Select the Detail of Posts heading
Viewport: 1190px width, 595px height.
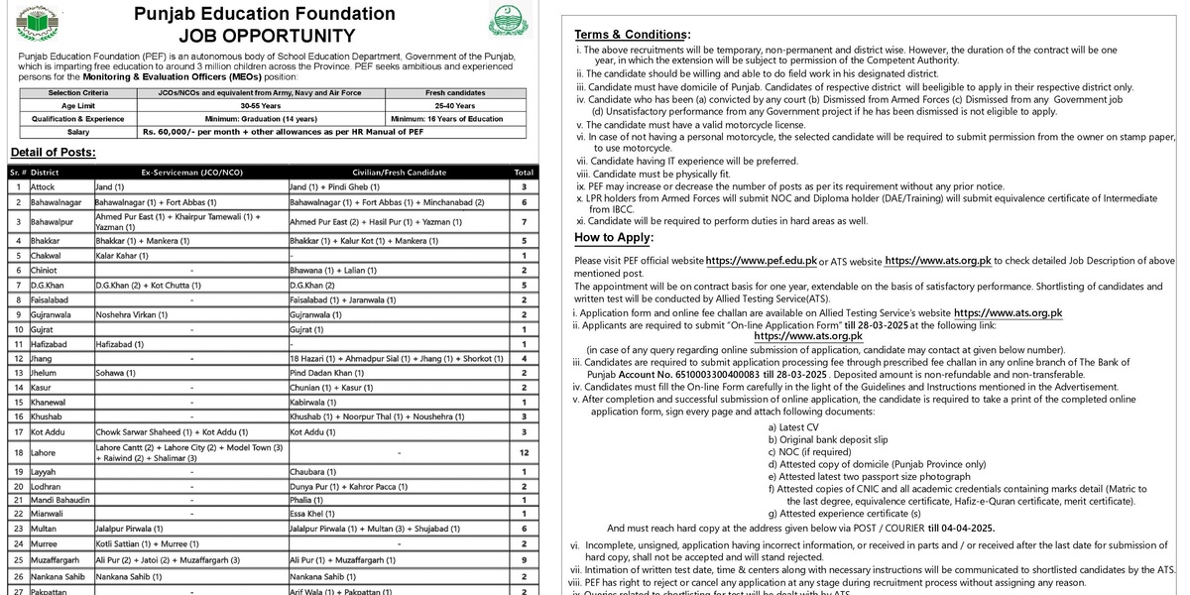(x=53, y=152)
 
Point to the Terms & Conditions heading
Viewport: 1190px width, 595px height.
(x=633, y=34)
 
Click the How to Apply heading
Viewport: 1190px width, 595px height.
(x=614, y=237)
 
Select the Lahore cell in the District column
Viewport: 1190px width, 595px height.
(x=45, y=452)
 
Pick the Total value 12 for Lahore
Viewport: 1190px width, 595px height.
(x=523, y=452)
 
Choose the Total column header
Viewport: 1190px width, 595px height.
(x=523, y=172)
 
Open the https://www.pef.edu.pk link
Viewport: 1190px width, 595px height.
(x=762, y=261)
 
